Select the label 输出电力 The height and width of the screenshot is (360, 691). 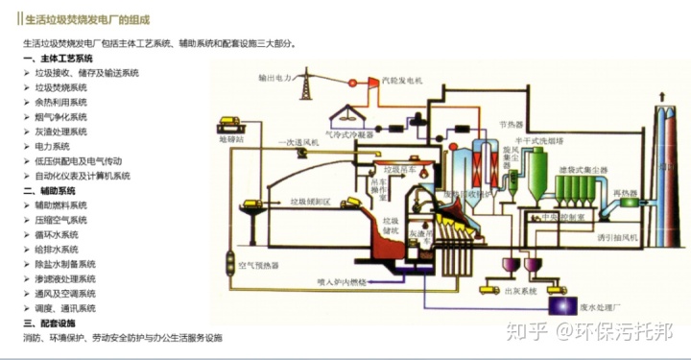click(x=274, y=78)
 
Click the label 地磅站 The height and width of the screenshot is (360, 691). click(x=232, y=139)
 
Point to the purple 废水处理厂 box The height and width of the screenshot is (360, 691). click(x=559, y=306)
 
